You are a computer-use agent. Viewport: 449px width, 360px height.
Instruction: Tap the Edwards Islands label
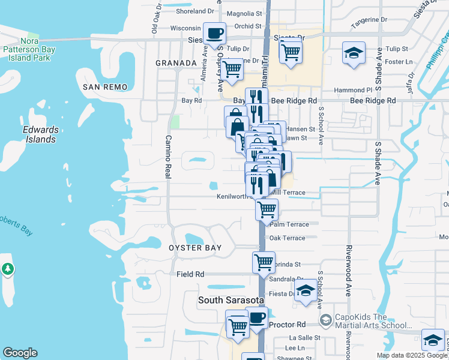[x=40, y=134]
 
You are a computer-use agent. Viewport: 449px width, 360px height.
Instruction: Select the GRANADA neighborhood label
[x=176, y=63]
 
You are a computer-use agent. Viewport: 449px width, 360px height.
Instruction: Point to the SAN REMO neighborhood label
[x=105, y=87]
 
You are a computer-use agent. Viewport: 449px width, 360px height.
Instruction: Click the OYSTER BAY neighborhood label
[x=195, y=248]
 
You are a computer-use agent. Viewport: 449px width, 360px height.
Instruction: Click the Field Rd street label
[x=190, y=274]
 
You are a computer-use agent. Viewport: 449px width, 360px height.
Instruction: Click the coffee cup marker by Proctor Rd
[x=257, y=317]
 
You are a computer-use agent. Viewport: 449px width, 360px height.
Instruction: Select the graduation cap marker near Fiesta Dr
[x=306, y=290]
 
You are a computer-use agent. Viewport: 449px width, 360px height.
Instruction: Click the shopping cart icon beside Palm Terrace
[x=267, y=209]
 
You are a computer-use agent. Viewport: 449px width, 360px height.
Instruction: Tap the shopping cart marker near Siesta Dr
[x=291, y=51]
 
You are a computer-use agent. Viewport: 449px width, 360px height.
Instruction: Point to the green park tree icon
[x=8, y=270]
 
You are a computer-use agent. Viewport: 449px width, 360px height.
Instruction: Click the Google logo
[x=20, y=353]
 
